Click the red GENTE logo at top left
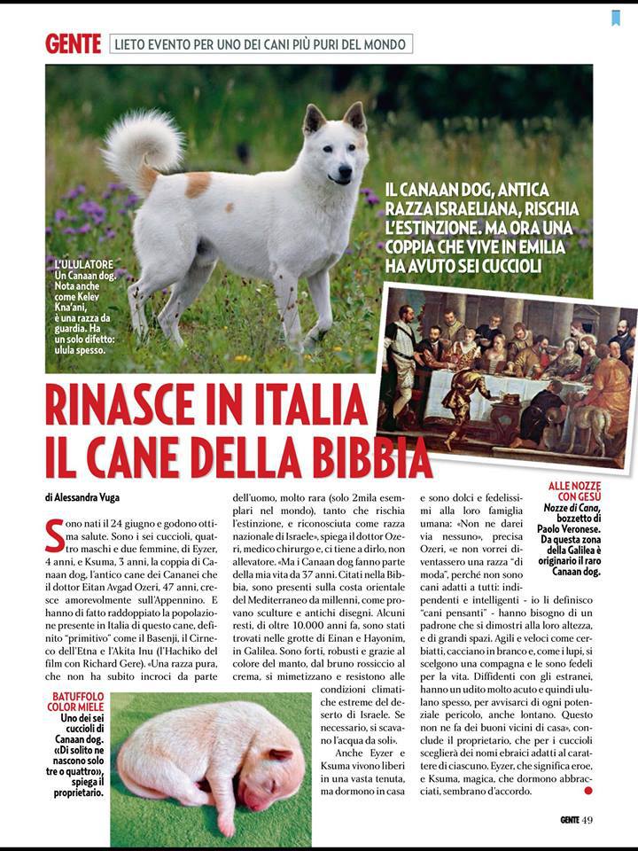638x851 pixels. pos(73,43)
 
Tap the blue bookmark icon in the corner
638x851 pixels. pos(615,17)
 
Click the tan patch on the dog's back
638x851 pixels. pos(198,183)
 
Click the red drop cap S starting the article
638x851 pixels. pos(54,535)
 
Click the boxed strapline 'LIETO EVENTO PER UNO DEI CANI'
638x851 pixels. pos(261,43)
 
